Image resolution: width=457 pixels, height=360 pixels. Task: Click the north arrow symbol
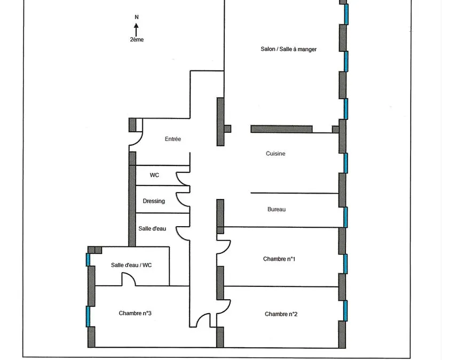pos(136,29)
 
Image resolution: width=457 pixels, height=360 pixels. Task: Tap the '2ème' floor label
pos(137,39)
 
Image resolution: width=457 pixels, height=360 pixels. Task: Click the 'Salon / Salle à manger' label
pos(288,49)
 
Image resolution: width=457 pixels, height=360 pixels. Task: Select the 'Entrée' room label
pos(173,139)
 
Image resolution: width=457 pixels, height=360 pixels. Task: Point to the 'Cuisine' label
pos(275,154)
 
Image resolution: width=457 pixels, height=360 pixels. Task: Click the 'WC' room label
pos(154,175)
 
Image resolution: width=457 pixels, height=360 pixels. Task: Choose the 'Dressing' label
pos(154,201)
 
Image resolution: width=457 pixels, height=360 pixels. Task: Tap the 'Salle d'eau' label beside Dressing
pos(152,229)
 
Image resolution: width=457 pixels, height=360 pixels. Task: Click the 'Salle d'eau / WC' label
pos(131,265)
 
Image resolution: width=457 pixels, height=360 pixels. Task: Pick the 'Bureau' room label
pos(277,210)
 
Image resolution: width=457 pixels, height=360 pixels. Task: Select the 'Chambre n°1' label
pos(279,259)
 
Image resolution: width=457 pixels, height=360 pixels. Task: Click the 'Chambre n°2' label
pos(281,314)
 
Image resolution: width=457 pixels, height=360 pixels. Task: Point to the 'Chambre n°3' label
pos(135,313)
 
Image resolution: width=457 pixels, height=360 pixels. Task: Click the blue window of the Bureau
pos(345,217)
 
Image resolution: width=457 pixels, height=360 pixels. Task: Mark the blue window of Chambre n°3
pos(88,316)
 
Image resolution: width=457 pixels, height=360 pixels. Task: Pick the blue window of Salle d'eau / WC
pos(88,260)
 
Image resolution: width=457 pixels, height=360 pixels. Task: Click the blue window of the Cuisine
pos(345,163)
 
